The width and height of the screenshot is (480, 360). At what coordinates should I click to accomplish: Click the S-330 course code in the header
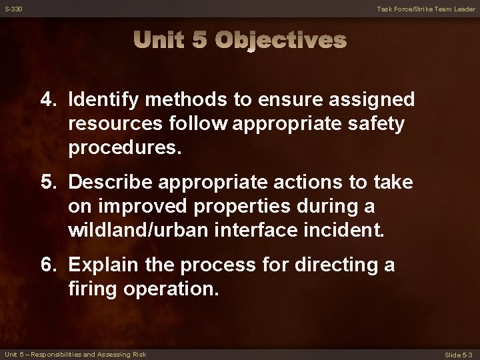pyautogui.click(x=13, y=8)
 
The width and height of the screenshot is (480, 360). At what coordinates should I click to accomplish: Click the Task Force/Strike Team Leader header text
pyautogui.click(x=426, y=8)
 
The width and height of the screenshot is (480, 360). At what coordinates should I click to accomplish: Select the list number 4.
pyautogui.click(x=48, y=100)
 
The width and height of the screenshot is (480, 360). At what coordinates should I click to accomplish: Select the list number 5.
pyautogui.click(x=48, y=182)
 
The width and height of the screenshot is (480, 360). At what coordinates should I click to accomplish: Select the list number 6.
pyautogui.click(x=48, y=265)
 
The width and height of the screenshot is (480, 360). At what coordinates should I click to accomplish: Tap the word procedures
pyautogui.click(x=124, y=149)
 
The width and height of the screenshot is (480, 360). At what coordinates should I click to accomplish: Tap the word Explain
pyautogui.click(x=100, y=265)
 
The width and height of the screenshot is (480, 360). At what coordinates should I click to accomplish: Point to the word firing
pyautogui.click(x=92, y=289)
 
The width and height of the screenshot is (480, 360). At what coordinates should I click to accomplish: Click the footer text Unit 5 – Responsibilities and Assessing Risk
pyautogui.click(x=75, y=353)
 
